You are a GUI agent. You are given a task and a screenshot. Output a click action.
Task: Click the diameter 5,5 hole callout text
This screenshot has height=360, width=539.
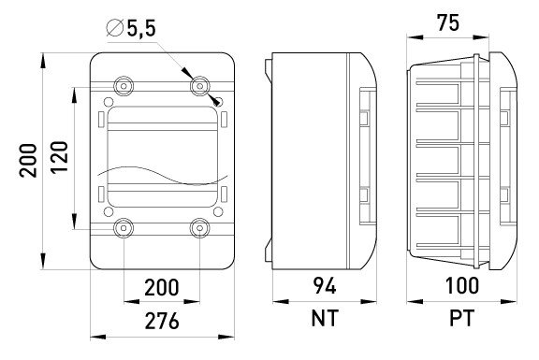pos(132,28)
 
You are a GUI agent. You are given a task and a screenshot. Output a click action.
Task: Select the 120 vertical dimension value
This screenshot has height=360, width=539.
pos(59,157)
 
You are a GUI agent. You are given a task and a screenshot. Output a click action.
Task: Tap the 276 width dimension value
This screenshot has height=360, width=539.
pos(162,321)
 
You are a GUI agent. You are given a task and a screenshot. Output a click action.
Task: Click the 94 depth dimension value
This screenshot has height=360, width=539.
pos(325,286)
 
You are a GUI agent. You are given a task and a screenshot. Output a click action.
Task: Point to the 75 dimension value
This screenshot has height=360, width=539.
pos(447,23)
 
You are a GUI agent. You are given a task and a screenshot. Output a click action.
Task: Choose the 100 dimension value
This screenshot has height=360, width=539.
pos(461,286)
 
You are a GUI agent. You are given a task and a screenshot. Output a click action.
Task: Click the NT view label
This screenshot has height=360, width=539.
pos(325,318)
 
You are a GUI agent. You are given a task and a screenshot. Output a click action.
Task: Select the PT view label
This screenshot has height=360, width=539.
pos(462,318)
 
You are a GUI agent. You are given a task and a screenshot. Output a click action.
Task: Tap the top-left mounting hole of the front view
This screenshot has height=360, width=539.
pos(124,86)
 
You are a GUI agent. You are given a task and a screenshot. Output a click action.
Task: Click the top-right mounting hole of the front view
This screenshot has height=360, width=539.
pos(199,86)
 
